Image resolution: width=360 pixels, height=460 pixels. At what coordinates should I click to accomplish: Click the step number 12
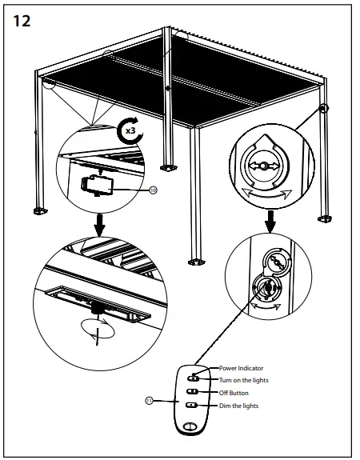(x=22, y=22)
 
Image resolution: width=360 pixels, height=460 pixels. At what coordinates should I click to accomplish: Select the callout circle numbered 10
(x=154, y=190)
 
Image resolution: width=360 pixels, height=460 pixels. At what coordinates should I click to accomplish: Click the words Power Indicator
(x=240, y=368)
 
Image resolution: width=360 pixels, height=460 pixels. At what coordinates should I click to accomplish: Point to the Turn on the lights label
(x=244, y=380)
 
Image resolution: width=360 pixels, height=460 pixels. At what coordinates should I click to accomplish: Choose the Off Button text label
(x=234, y=393)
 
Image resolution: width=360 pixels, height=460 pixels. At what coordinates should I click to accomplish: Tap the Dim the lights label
(x=238, y=406)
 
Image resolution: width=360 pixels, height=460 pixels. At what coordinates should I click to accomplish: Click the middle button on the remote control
(x=193, y=392)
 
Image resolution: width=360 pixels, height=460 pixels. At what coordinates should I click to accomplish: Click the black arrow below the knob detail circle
(x=273, y=218)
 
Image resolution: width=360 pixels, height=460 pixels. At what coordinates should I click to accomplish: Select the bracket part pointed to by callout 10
(x=98, y=184)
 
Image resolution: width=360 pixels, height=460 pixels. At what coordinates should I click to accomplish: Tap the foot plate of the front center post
(x=194, y=260)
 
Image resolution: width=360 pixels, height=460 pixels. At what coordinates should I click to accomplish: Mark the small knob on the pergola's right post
(x=324, y=108)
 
